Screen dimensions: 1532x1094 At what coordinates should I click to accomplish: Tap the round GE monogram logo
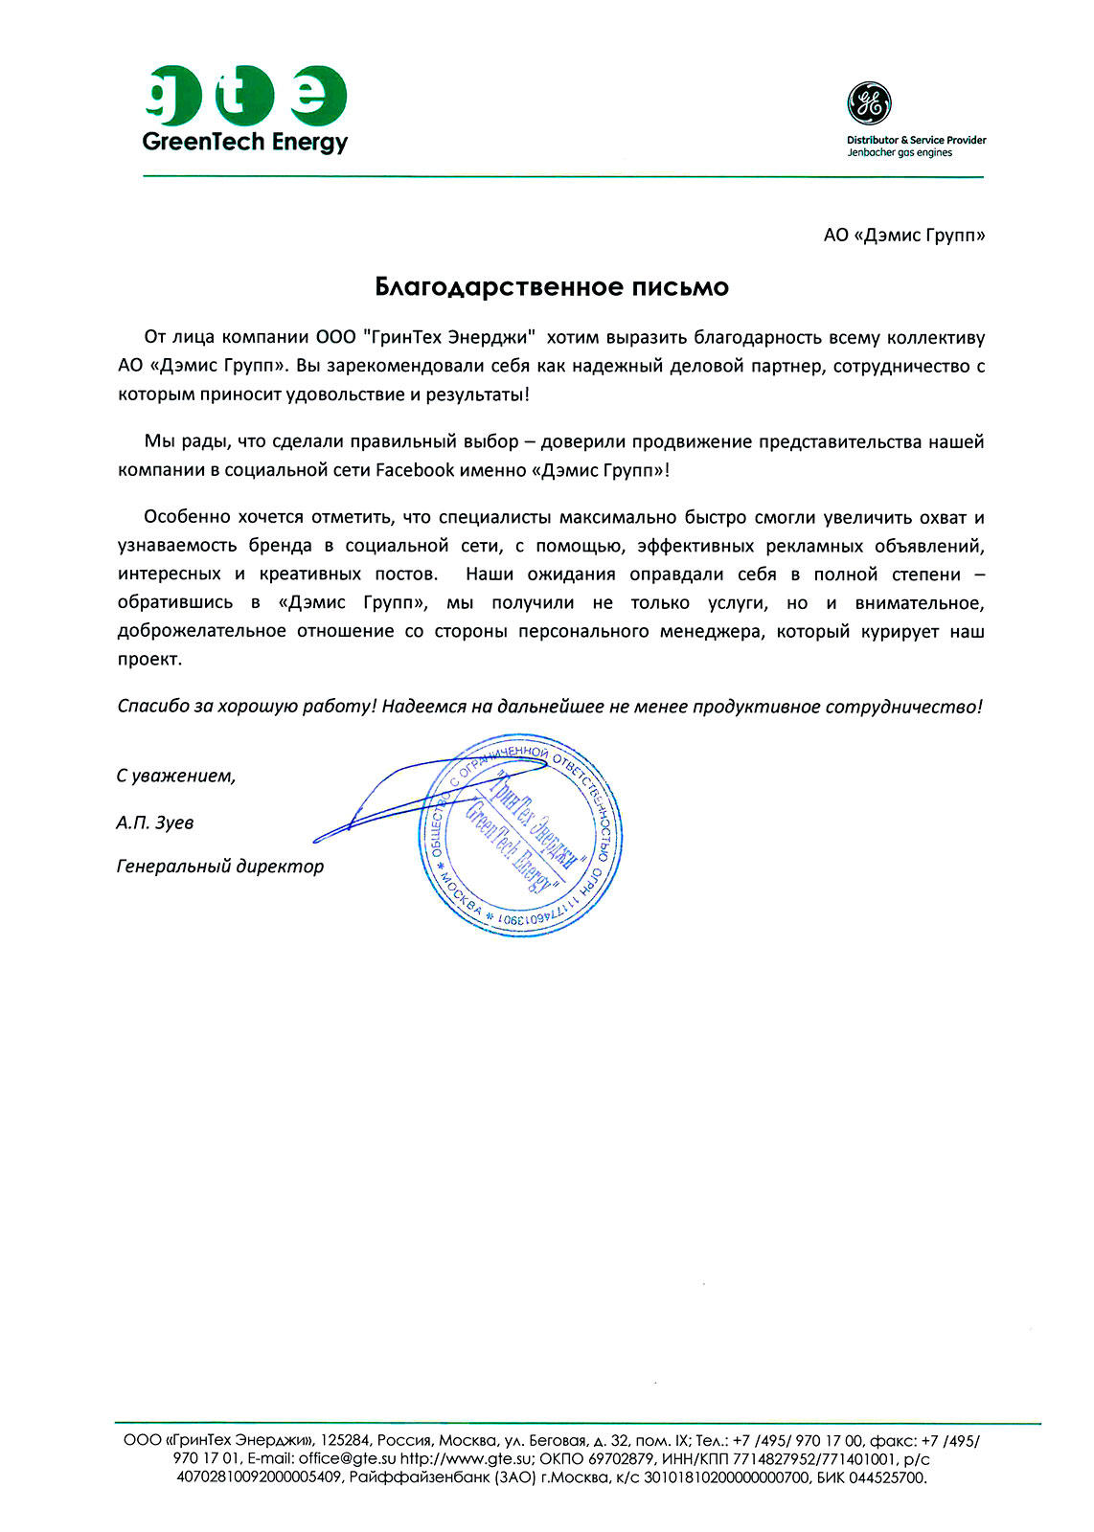point(869,103)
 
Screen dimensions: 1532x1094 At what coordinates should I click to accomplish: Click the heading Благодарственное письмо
point(552,287)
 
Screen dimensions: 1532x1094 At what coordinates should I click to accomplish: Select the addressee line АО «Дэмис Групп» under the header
point(903,236)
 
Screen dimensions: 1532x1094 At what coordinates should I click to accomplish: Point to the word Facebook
point(415,470)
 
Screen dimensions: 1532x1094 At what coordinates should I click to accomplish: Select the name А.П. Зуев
point(155,822)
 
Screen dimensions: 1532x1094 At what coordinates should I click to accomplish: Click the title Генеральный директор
point(220,867)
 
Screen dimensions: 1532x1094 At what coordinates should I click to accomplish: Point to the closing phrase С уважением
point(176,776)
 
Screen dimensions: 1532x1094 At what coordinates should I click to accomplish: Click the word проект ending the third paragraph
point(148,660)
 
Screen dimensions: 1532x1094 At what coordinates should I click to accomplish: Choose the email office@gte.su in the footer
point(347,1459)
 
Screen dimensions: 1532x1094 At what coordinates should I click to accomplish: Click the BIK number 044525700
point(887,1477)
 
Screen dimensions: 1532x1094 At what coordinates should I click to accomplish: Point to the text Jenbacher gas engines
point(900,153)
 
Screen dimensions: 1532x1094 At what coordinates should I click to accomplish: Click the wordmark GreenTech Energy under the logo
point(245,143)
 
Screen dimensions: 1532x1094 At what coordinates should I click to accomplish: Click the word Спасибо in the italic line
point(154,707)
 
